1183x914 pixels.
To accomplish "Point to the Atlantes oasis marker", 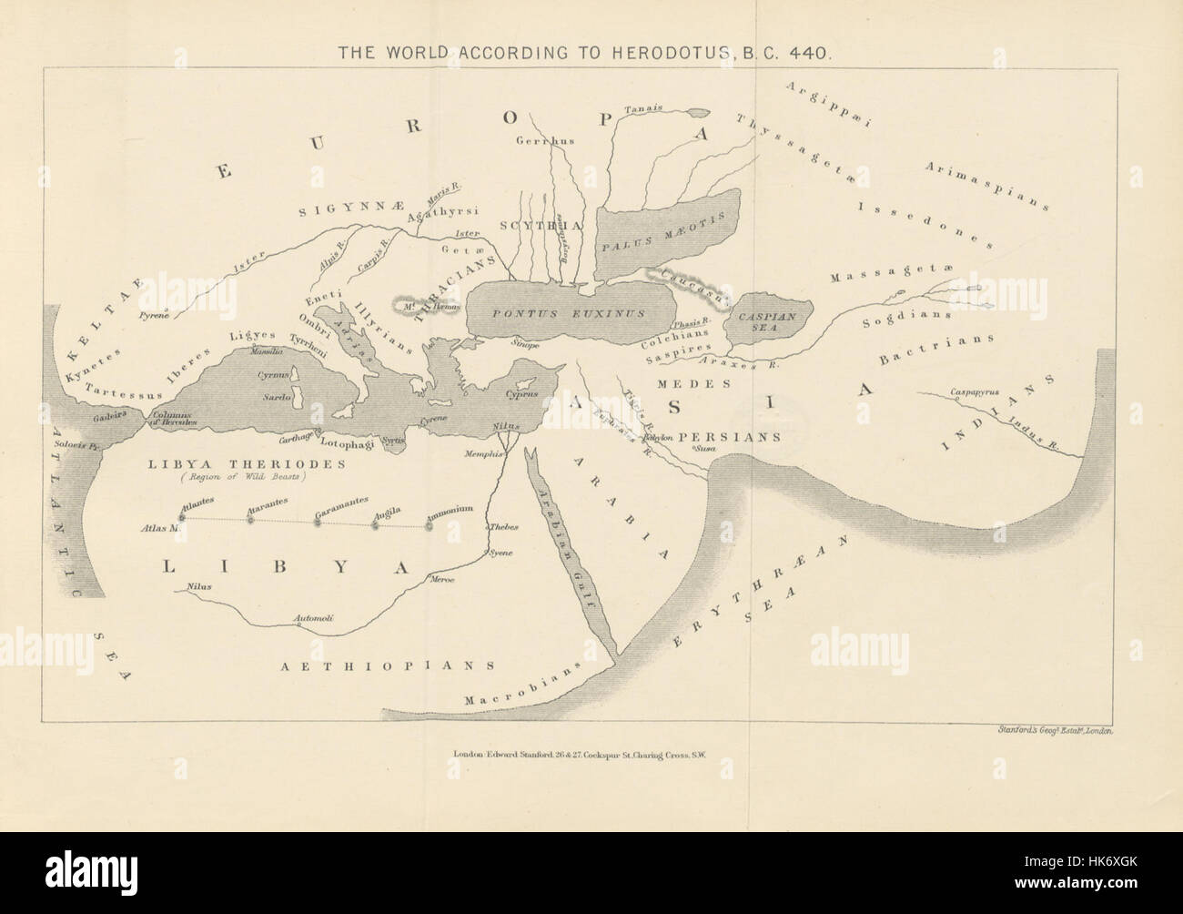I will (181, 516).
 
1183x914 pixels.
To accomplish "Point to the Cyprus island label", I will (524, 394).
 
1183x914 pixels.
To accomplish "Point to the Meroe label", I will (443, 580).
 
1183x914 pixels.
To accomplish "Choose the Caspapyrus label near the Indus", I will (975, 393).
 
